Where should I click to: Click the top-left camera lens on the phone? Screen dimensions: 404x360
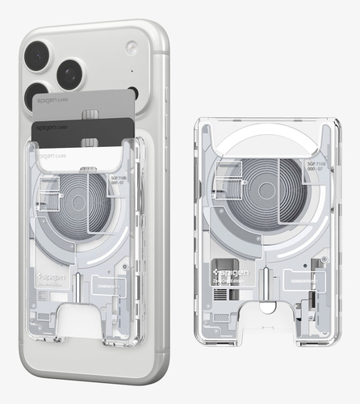(38, 56)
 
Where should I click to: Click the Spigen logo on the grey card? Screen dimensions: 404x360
(50, 101)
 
